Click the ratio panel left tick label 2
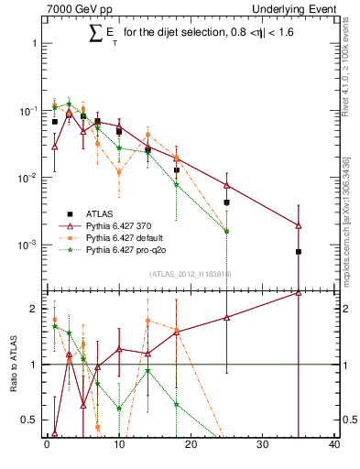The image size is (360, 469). point(32,309)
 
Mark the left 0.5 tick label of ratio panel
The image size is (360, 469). point(28,420)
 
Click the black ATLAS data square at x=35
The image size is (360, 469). point(299,251)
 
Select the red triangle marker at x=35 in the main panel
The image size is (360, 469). point(299,225)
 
